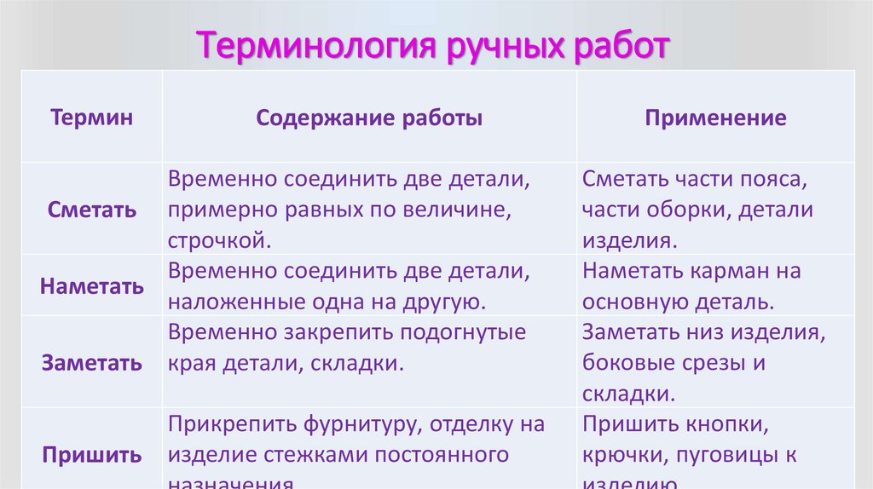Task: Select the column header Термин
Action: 91,118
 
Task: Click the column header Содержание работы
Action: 369,118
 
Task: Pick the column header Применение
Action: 715,118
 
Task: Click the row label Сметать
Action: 91,210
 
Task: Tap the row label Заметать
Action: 91,363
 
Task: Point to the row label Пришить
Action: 91,455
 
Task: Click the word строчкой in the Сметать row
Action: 219,240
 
